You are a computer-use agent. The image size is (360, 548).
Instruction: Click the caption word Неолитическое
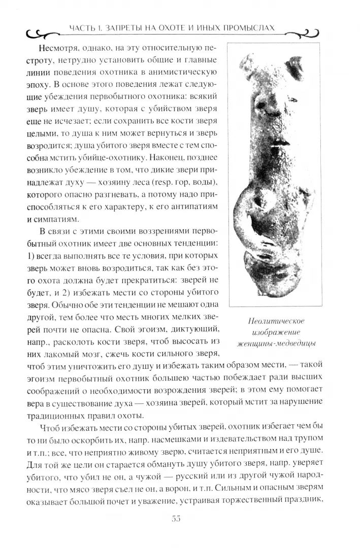click(278, 321)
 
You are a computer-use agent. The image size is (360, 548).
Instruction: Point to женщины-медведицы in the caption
click(277, 344)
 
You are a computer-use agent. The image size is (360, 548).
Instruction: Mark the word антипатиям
click(195, 207)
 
